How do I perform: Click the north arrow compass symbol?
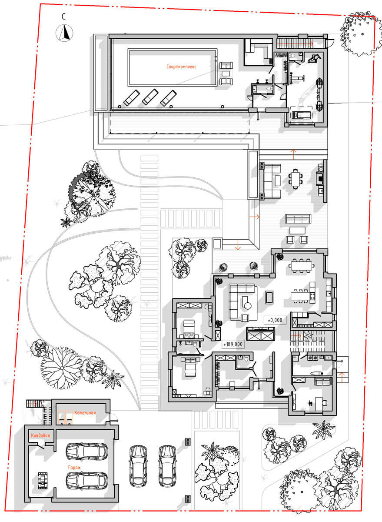tap(64, 33)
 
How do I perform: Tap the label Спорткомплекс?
tap(181, 67)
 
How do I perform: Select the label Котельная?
tap(85, 413)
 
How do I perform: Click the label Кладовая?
tap(40, 435)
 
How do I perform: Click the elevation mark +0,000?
tap(275, 321)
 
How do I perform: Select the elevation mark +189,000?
tap(233, 344)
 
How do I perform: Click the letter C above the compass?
tap(63, 17)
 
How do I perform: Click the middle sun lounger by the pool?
tap(150, 97)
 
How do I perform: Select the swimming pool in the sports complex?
tap(173, 67)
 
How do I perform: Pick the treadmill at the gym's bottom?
tap(301, 115)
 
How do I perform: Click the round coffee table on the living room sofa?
tap(247, 306)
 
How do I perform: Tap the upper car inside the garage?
tap(87, 450)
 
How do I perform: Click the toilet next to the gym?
tap(292, 56)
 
